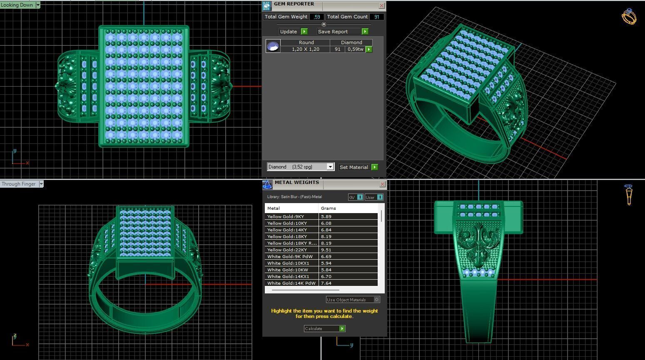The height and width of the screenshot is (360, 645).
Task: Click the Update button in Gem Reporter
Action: tap(293, 32)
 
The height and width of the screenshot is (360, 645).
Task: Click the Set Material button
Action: tap(358, 167)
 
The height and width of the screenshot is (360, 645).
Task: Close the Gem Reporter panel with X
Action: tap(381, 5)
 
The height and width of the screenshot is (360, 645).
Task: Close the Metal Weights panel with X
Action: tap(383, 184)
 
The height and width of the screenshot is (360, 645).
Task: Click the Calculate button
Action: tap(324, 329)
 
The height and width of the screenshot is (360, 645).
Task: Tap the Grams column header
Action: tap(328, 208)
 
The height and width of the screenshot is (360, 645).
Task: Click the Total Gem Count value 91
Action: tap(377, 17)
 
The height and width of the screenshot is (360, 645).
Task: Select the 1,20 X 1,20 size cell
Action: tap(305, 49)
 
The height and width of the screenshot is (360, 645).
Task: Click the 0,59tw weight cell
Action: tap(355, 49)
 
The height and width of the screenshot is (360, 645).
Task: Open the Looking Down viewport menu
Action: tap(38, 5)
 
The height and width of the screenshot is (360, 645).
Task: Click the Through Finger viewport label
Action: tap(19, 184)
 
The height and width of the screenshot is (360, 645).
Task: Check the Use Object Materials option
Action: tap(376, 300)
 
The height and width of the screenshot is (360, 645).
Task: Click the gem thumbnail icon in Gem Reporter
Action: tap(273, 46)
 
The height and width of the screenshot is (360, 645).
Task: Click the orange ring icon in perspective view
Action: tap(629, 17)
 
